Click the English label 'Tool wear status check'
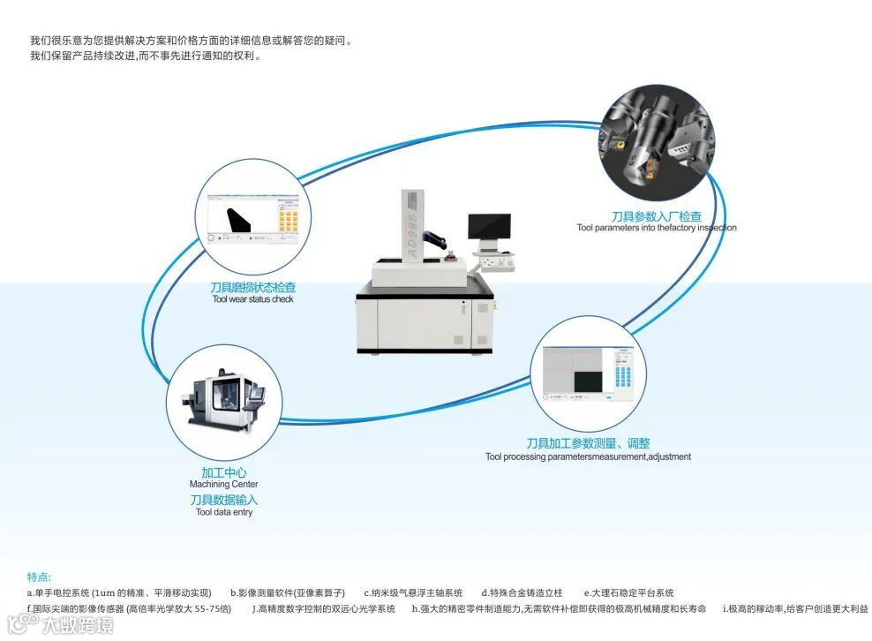(252, 299)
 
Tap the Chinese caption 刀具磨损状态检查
(252, 287)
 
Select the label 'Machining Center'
(223, 485)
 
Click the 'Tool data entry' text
(223, 512)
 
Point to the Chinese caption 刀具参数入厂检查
(657, 216)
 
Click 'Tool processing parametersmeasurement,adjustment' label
(588, 457)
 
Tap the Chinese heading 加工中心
(223, 472)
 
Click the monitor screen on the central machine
(489, 227)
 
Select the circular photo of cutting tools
(658, 147)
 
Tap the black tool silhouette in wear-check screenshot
(237, 220)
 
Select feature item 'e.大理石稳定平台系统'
(628, 593)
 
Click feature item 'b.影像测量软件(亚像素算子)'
(287, 593)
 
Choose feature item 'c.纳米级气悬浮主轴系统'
(413, 593)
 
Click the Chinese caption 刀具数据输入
(223, 500)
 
